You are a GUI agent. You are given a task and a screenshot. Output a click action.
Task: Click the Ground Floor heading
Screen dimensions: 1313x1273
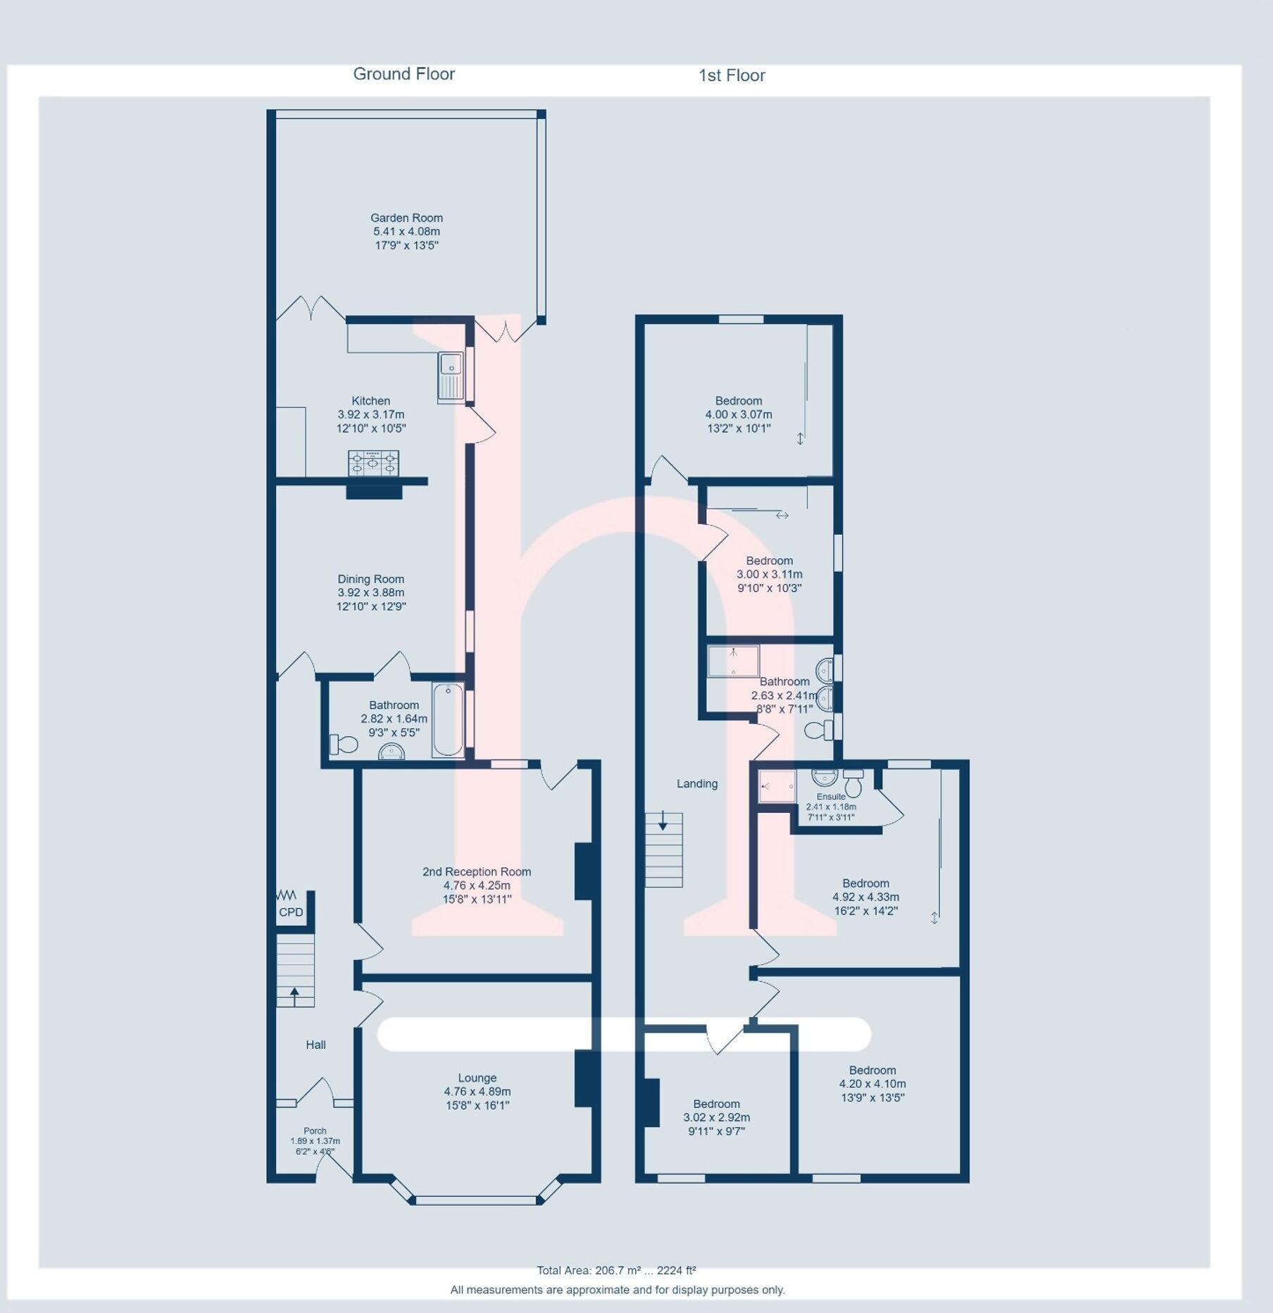tap(403, 74)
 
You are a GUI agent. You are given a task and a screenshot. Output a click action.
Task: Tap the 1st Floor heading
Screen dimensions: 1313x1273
tap(731, 75)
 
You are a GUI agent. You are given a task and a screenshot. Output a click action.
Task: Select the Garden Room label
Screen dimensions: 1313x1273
tap(406, 218)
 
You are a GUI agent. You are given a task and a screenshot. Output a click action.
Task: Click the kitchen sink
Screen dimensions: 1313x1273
tap(451, 378)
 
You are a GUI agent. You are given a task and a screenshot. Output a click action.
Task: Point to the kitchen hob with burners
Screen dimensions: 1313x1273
tap(373, 463)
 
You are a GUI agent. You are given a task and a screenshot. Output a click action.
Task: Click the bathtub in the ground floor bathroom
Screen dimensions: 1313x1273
tap(448, 720)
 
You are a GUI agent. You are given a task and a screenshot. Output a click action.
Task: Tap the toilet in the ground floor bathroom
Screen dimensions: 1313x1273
tap(343, 744)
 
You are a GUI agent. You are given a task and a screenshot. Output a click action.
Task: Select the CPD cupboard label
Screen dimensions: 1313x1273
tap(291, 912)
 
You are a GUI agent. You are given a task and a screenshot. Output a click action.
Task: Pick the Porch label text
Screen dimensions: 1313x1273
tap(315, 1131)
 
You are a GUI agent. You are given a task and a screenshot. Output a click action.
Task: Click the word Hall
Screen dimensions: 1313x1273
tap(315, 1045)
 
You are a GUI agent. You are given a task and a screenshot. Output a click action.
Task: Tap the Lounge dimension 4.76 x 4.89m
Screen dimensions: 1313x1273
tap(477, 1092)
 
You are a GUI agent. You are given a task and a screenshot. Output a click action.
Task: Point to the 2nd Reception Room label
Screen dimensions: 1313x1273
tap(477, 871)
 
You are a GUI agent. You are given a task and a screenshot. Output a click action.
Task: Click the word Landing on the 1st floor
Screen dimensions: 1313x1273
tap(697, 783)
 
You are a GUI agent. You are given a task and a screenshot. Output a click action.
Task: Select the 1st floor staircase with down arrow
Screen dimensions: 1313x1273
tap(664, 850)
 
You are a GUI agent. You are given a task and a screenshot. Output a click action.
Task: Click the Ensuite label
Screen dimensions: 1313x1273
tap(831, 797)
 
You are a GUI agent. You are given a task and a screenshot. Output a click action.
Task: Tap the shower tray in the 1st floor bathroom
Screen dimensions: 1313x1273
tap(733, 661)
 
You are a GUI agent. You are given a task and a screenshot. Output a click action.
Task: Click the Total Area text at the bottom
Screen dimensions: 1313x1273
tap(616, 1271)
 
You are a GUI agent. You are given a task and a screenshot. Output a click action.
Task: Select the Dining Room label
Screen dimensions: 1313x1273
tap(370, 579)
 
